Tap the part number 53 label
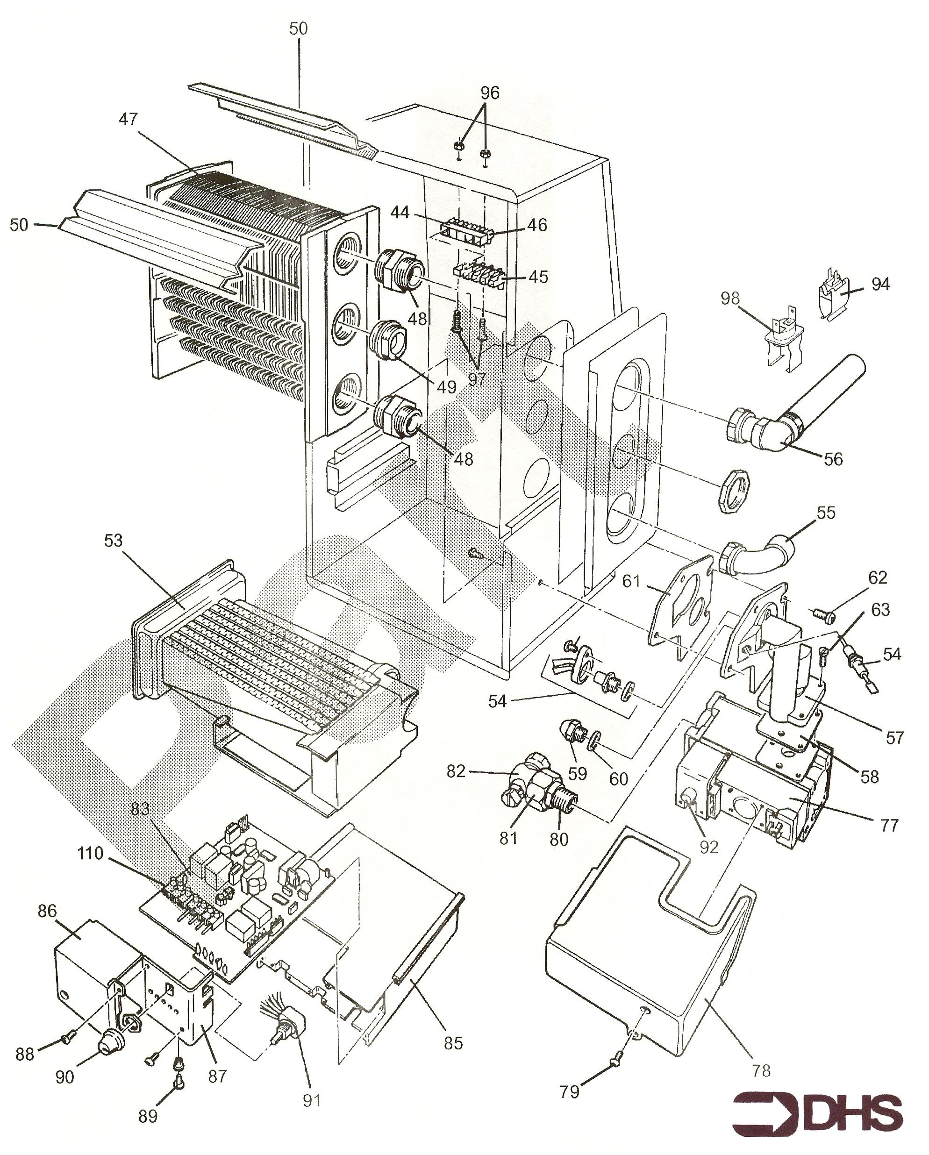tap(113, 541)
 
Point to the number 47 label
tap(128, 119)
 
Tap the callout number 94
tap(880, 284)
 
